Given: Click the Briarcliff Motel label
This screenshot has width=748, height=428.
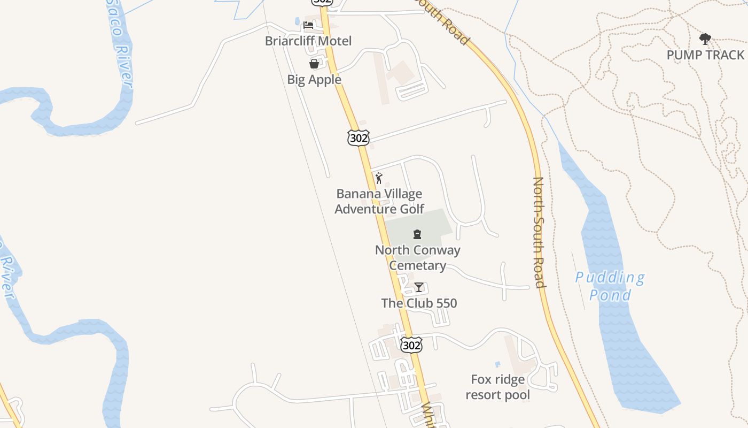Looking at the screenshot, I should click(x=308, y=41).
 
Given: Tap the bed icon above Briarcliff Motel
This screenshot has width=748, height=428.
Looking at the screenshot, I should click(x=308, y=25).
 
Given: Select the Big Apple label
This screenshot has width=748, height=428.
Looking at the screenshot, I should click(x=314, y=80).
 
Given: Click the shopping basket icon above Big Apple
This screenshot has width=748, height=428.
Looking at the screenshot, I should click(x=314, y=64).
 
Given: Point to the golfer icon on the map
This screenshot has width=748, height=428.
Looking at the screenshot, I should click(x=379, y=178).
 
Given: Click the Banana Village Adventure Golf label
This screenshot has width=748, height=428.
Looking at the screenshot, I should click(x=379, y=201).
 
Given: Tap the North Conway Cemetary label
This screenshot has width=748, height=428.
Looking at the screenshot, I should click(x=417, y=257).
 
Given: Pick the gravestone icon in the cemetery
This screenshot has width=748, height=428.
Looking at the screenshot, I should click(x=417, y=234).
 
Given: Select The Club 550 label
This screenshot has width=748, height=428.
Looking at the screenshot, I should click(x=419, y=303).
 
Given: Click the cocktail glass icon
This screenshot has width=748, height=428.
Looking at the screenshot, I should click(x=419, y=287).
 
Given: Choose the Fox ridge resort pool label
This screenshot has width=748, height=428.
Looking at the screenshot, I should click(x=497, y=387).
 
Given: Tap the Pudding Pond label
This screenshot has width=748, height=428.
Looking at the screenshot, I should click(x=610, y=286).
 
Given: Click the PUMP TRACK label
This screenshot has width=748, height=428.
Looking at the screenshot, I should click(x=705, y=55).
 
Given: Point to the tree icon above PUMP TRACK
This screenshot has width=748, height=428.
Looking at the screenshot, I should click(x=705, y=39).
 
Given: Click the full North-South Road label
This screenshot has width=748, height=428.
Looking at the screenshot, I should click(x=539, y=232).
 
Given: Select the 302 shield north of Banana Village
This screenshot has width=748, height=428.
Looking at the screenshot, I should click(x=358, y=137).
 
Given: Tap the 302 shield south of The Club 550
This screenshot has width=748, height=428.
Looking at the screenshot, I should click(x=411, y=345).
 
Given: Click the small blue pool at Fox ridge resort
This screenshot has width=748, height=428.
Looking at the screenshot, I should click(x=498, y=364).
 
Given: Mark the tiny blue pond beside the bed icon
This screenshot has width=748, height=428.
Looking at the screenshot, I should click(x=297, y=21).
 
